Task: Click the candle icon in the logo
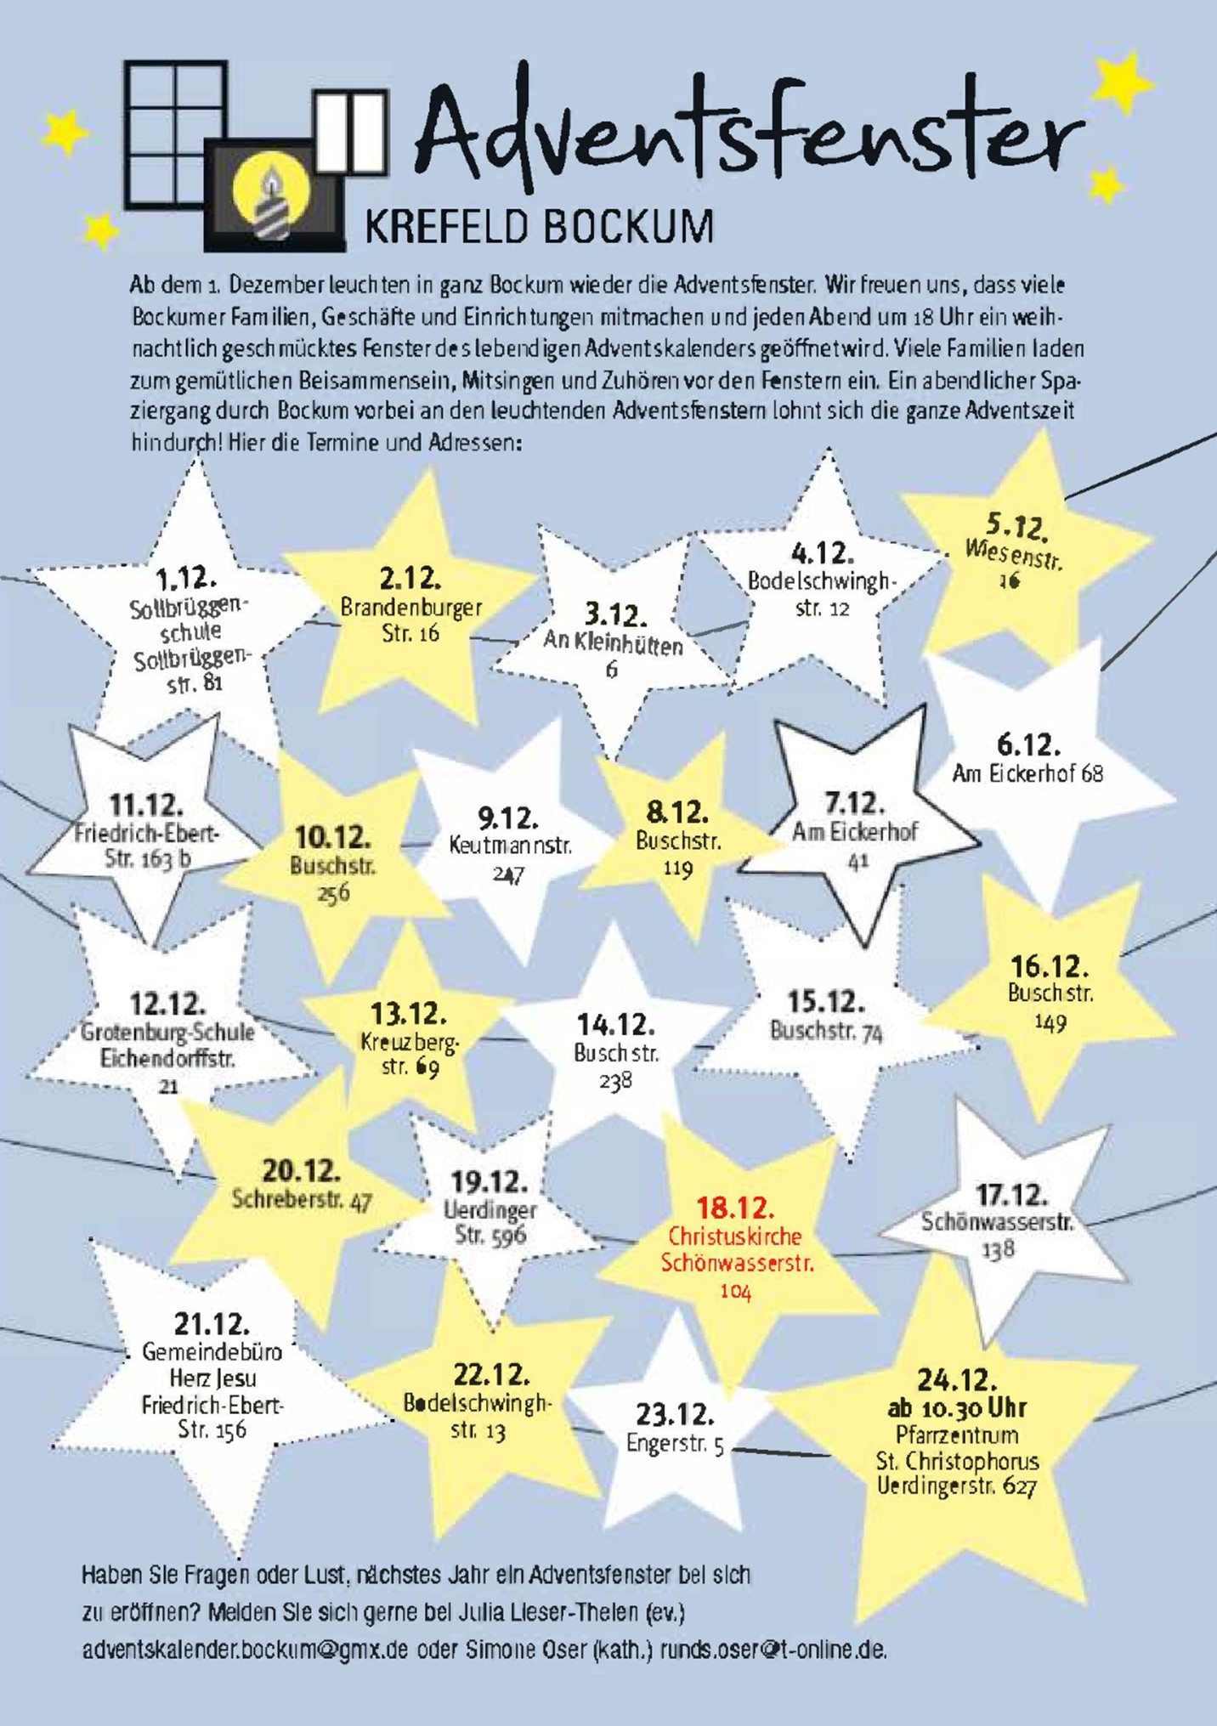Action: click(271, 201)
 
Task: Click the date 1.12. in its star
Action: click(186, 579)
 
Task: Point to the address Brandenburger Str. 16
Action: click(410, 620)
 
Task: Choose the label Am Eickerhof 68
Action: click(1027, 773)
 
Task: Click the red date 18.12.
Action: click(735, 1207)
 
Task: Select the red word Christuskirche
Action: click(735, 1236)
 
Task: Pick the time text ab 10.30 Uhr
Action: click(958, 1408)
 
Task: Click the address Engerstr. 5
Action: click(675, 1444)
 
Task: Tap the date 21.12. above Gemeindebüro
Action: click(212, 1323)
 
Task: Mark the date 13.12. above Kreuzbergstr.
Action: click(409, 1014)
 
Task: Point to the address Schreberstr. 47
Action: click(302, 1200)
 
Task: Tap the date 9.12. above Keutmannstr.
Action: click(508, 818)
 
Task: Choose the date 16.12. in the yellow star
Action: click(1050, 966)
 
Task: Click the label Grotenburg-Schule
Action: click(167, 1033)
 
